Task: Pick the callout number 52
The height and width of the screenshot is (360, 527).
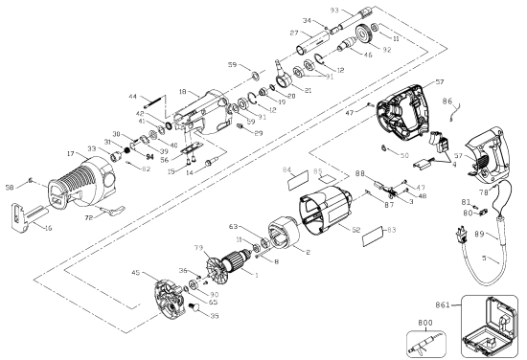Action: tap(355, 231)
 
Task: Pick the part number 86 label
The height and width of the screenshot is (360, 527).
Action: tap(447, 99)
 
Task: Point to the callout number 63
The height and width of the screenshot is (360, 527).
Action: tap(233, 227)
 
